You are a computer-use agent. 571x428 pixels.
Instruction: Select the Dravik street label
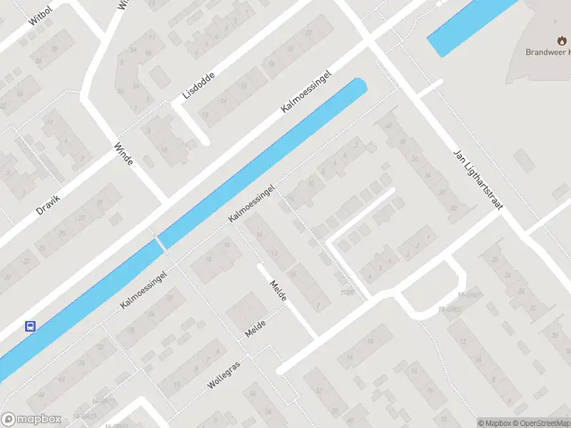(49, 204)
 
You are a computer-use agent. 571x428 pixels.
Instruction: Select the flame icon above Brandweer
(560, 40)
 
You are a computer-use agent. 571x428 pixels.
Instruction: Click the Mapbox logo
(31, 419)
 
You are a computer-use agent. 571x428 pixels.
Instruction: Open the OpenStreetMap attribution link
(540, 423)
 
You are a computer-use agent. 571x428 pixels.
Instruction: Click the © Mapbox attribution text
(495, 423)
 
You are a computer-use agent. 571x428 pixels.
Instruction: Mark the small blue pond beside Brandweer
(471, 27)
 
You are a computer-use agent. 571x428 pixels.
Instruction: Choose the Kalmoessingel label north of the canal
(307, 91)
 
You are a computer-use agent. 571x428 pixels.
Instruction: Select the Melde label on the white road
(278, 290)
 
